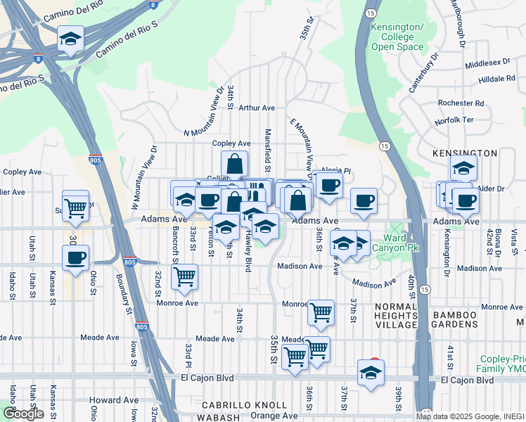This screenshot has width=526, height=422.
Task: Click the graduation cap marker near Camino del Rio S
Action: point(70,41)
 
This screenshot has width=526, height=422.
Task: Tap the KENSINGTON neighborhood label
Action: point(466,153)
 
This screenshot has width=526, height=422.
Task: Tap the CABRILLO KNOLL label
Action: point(245,405)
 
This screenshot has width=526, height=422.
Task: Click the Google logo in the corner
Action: point(23,414)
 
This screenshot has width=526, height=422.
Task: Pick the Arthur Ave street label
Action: point(256,108)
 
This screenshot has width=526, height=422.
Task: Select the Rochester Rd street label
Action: point(460,103)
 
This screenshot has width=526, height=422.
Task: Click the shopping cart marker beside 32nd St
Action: point(184,276)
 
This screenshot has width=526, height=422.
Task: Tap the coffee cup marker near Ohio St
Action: point(76,257)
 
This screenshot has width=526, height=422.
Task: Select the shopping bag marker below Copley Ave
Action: point(235,165)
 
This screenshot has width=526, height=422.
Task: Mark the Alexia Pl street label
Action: point(335,170)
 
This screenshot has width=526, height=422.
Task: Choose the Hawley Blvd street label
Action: point(248,255)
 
